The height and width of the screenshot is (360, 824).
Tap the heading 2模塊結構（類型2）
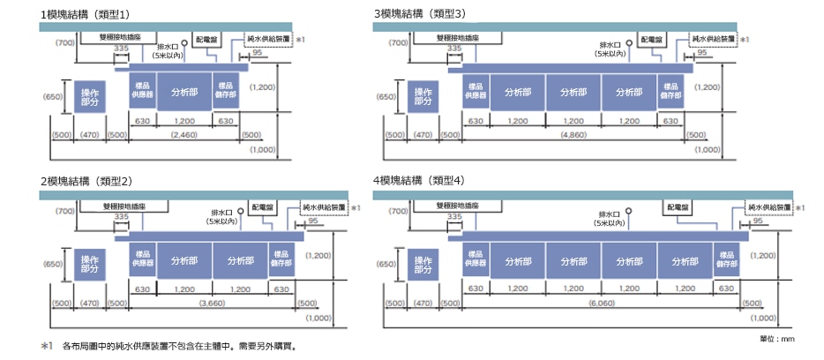pos(91,181)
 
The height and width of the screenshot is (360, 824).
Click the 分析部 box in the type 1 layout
pos(184,92)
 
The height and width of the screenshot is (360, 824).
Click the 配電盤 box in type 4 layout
pos(677,206)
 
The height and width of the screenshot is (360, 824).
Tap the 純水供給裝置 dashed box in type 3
pos(714,39)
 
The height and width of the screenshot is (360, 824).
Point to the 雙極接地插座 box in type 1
pos(116,39)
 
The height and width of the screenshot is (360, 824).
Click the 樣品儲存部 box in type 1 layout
pos(226,92)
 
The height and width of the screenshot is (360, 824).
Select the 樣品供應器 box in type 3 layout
pos(476,92)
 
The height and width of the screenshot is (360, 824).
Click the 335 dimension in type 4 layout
pos(454,216)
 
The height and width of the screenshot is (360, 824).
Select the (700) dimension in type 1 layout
pos(64,41)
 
